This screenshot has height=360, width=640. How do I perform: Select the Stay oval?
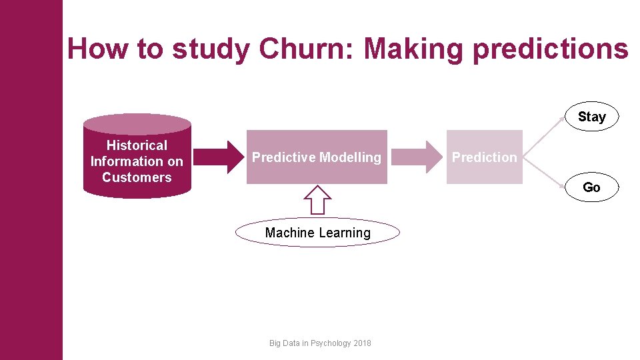pyautogui.click(x=591, y=117)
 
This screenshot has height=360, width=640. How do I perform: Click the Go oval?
pyautogui.click(x=591, y=187)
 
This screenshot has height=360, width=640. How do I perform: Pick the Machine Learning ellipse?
pyautogui.click(x=317, y=233)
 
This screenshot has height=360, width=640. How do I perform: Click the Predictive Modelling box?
pyautogui.click(x=317, y=157)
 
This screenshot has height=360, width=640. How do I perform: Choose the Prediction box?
pyautogui.click(x=485, y=157)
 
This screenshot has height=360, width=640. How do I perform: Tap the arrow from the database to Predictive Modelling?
pyautogui.click(x=219, y=157)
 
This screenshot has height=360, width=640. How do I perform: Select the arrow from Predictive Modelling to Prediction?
pyautogui.click(x=416, y=157)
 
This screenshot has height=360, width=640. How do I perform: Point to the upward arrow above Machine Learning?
pyautogui.click(x=317, y=199)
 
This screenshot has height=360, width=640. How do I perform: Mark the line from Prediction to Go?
pyautogui.click(x=543, y=174)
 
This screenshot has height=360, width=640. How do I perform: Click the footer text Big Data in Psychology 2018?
pyautogui.click(x=320, y=343)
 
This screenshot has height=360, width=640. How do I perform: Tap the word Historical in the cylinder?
pyautogui.click(x=137, y=145)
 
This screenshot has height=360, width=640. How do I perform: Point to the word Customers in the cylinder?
pyautogui.click(x=137, y=177)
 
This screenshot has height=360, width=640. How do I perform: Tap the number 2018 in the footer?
pyautogui.click(x=363, y=343)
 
